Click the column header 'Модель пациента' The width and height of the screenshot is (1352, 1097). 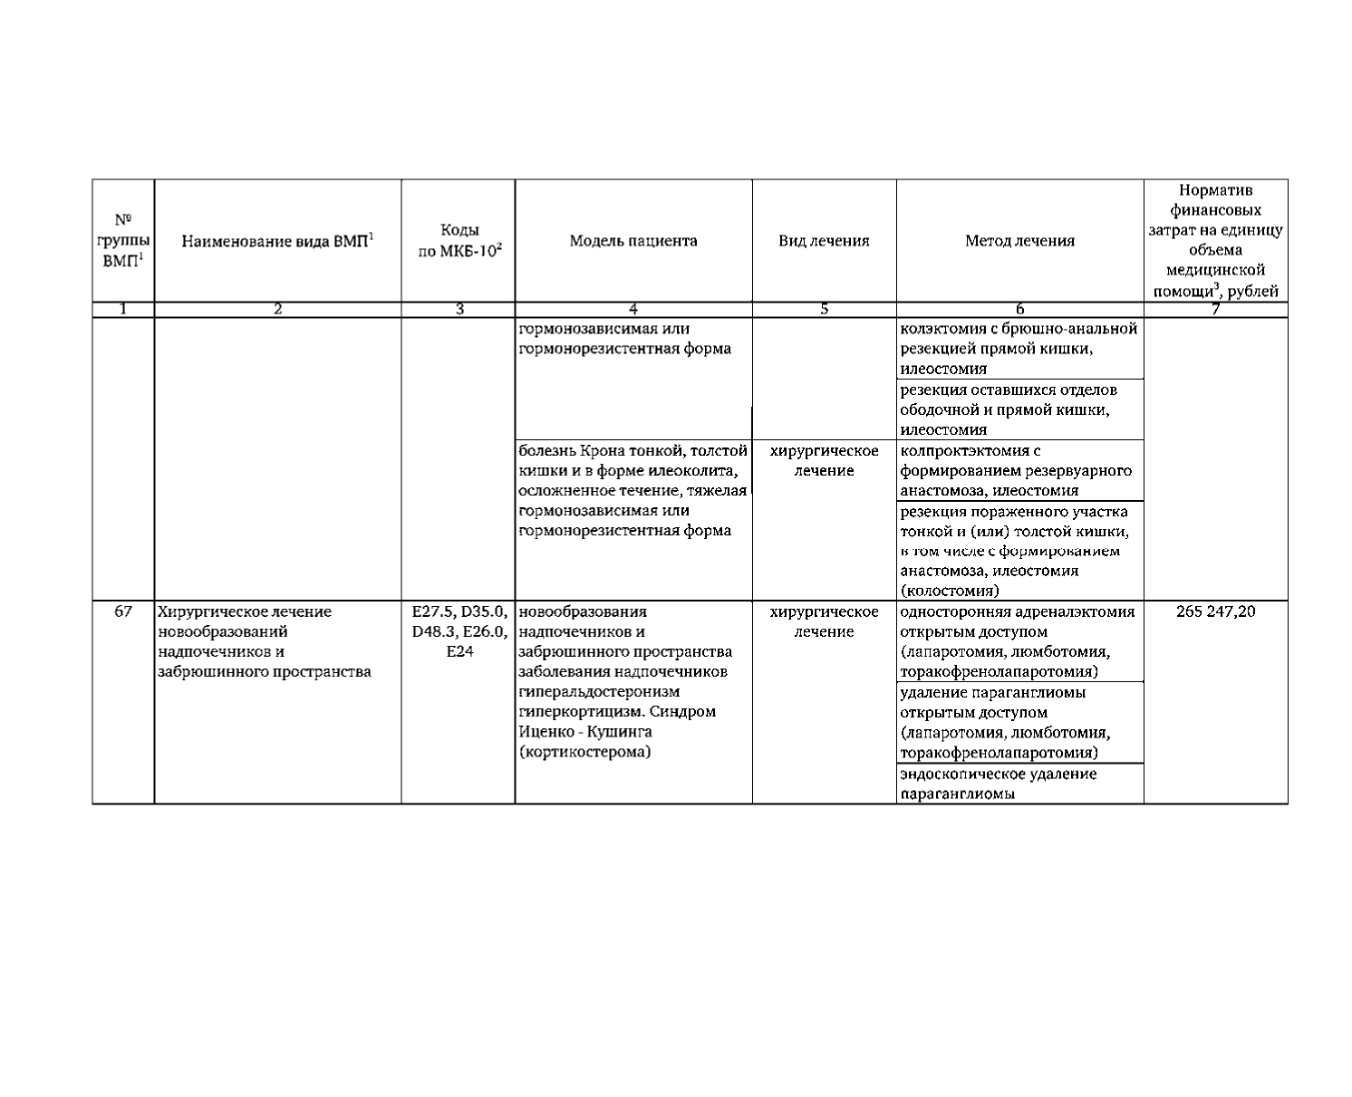pos(633,241)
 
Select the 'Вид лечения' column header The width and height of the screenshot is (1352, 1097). pos(824,241)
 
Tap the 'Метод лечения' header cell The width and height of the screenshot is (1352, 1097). pos(1019,241)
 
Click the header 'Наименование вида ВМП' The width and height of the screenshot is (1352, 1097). pos(278,241)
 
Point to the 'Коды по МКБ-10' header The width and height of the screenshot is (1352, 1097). pos(459,241)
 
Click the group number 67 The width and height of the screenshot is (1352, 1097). pos(123,611)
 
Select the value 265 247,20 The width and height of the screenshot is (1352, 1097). pos(1215,611)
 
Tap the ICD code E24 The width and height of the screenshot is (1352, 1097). pos(459,652)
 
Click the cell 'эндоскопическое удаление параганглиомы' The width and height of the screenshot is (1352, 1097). pos(998,784)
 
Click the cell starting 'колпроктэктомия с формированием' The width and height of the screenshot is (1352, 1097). pos(1016,470)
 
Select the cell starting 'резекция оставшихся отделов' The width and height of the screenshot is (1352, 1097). pos(1008,409)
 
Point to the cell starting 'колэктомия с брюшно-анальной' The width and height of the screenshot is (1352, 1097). pos(1018,349)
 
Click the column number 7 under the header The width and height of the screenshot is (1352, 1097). pos(1215,310)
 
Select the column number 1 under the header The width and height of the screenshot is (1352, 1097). pos(123,310)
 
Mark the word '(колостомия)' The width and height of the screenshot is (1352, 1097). pos(949,592)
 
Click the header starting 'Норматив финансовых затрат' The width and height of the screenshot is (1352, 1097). pos(1215,241)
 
